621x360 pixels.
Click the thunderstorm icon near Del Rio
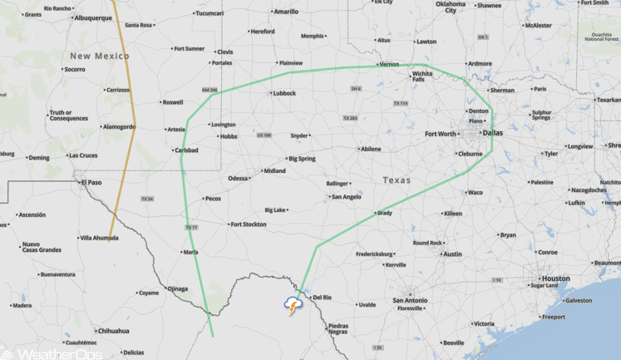point(293,305)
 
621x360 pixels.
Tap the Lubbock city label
point(283,93)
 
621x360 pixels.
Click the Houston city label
point(555,279)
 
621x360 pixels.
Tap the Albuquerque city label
point(92,17)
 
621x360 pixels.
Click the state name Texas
point(397,180)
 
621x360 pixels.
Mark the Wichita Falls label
point(421,77)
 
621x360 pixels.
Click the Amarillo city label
point(286,12)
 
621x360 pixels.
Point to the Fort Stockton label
point(248,224)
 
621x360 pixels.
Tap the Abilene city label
point(370,149)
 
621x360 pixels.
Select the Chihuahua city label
point(113,330)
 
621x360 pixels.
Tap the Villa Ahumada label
point(98,238)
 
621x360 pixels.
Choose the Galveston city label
point(578,301)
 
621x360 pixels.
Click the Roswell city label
point(173,102)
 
